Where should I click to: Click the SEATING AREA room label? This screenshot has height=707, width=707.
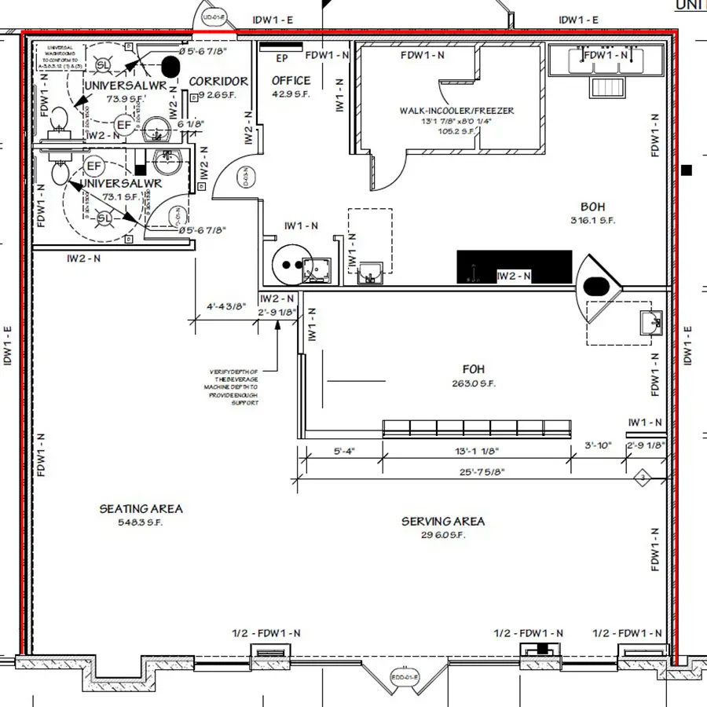tap(141, 509)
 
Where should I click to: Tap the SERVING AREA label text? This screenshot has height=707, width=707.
tap(443, 522)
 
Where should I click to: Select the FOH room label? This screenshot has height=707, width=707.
tap(474, 369)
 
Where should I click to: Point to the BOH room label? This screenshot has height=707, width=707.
tap(593, 207)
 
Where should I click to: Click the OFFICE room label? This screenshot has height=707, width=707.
tap(291, 80)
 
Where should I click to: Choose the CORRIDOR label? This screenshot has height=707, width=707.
tap(218, 82)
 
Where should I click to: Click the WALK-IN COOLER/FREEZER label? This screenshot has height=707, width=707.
tap(456, 111)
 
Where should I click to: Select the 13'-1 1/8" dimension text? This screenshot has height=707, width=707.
tap(476, 452)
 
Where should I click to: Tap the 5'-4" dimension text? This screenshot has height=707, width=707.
tap(344, 452)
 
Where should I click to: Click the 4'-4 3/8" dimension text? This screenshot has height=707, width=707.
tap(226, 306)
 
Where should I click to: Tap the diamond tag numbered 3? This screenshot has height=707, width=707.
tap(642, 477)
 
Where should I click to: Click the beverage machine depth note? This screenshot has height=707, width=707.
tap(234, 386)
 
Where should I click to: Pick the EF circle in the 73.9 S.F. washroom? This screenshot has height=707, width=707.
tap(123, 125)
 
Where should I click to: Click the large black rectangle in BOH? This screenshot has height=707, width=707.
tap(515, 267)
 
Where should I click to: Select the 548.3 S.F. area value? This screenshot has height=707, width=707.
tap(141, 522)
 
